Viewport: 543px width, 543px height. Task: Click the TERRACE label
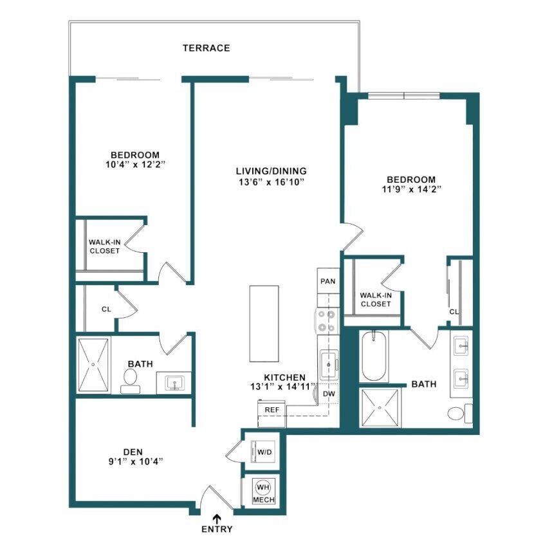coord(206,48)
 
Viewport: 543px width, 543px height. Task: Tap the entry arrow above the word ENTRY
coord(217,518)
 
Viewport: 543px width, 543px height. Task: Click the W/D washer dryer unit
coord(263,452)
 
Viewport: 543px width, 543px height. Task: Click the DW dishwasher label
coord(328,393)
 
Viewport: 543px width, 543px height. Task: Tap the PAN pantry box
coord(327,281)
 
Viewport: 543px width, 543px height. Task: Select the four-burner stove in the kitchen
coord(327,320)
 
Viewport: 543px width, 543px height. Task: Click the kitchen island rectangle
coord(265,324)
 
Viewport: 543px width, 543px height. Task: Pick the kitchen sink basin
coord(329,364)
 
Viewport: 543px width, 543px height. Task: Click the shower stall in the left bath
coord(94,364)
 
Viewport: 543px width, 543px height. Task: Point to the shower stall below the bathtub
coord(382,407)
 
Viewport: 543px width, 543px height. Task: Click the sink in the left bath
coord(173,384)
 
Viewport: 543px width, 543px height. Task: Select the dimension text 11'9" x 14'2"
coord(410,190)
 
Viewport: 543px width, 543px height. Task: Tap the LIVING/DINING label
coord(270,171)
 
